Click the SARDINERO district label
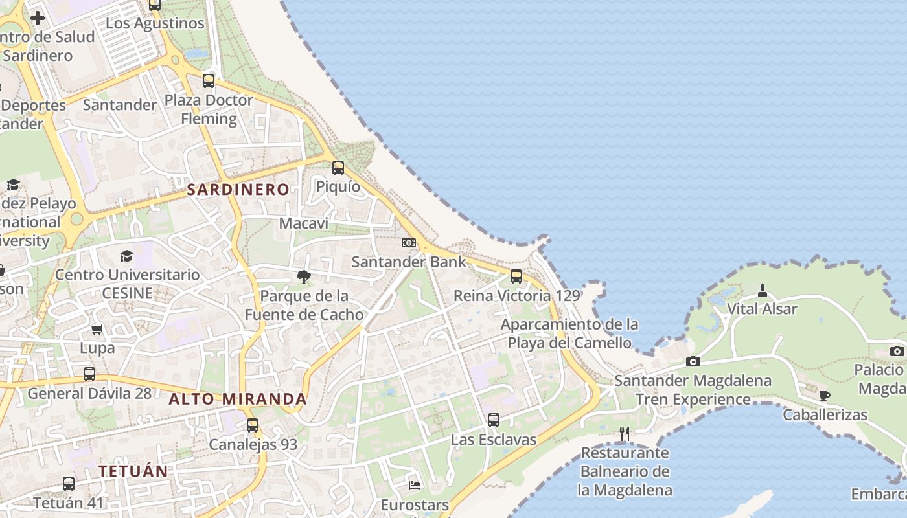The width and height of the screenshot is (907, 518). click(x=238, y=190)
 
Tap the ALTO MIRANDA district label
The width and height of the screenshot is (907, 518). click(x=238, y=399)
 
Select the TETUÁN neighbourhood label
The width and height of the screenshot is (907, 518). click(x=133, y=471)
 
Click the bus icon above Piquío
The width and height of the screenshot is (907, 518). click(x=338, y=168)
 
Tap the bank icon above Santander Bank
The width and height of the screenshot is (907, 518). click(x=408, y=243)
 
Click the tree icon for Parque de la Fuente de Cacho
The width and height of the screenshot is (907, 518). click(x=303, y=277)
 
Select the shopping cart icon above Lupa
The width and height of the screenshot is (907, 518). click(x=97, y=329)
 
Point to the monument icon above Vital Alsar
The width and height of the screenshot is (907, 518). click(x=762, y=290)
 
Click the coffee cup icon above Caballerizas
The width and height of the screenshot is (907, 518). click(x=824, y=396)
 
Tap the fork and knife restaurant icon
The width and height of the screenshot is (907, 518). click(x=625, y=434)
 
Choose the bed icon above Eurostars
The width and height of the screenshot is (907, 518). click(x=415, y=485)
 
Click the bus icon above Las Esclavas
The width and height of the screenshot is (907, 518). click(x=494, y=420)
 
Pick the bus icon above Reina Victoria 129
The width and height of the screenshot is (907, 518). click(x=516, y=276)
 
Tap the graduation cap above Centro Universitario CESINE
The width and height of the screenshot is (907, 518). click(x=127, y=256)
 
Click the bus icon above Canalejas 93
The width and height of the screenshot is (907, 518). click(x=253, y=425)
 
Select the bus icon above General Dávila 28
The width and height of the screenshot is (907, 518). click(x=89, y=374)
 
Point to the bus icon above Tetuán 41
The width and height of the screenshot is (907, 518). click(x=69, y=483)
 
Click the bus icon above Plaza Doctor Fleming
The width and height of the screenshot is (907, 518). click(x=209, y=81)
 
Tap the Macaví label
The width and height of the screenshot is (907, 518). click(x=304, y=223)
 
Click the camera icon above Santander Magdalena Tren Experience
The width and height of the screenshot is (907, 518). click(x=693, y=361)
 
